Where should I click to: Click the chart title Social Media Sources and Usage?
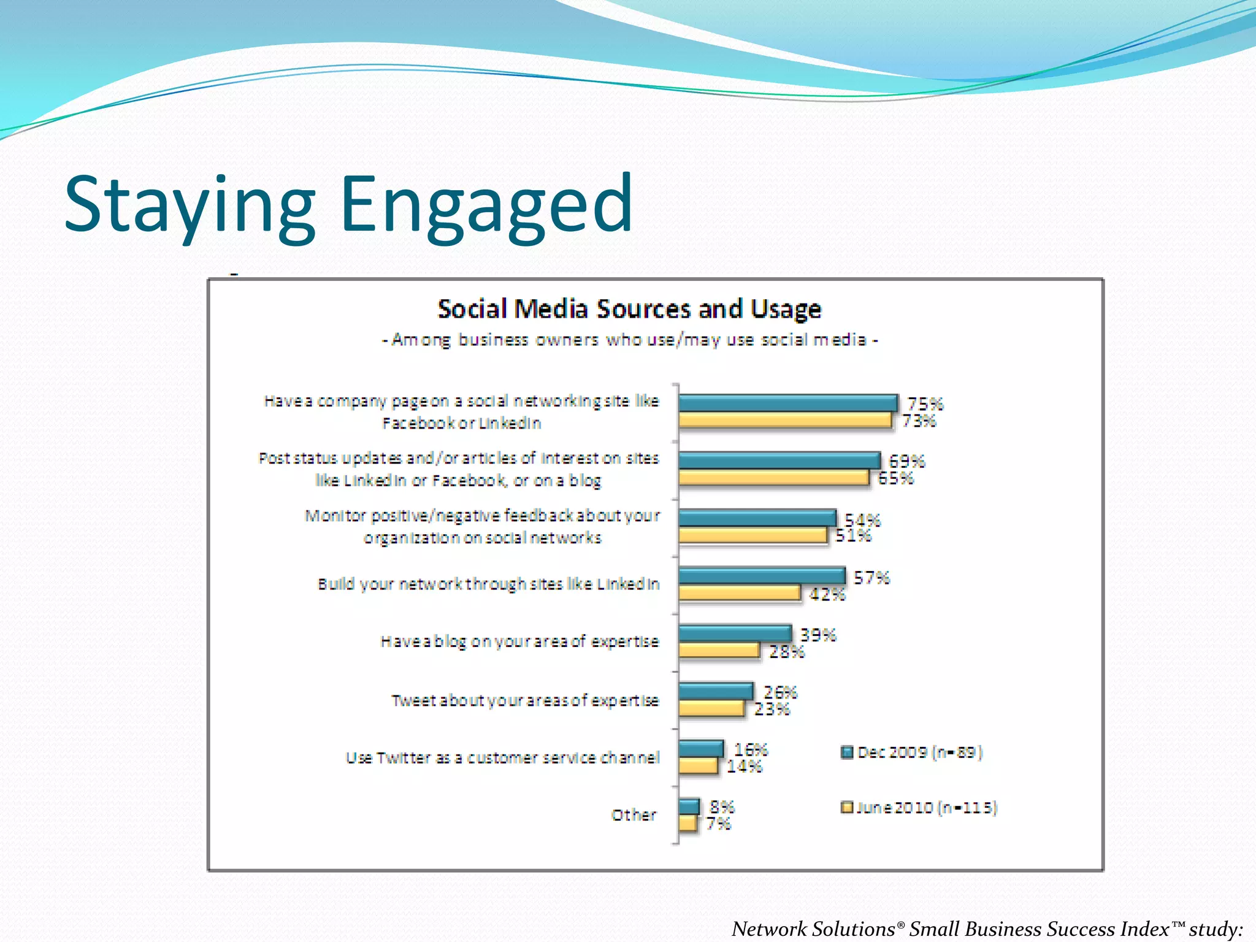point(629,308)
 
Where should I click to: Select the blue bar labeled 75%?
point(787,403)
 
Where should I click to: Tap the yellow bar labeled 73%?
point(784,420)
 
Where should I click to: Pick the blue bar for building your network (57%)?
point(762,576)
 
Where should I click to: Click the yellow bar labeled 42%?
point(739,593)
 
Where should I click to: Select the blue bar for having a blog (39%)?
point(735,633)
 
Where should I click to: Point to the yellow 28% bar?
point(719,650)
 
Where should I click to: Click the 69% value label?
point(906,461)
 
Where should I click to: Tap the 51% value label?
point(852,536)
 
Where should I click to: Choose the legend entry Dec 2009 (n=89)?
point(913,752)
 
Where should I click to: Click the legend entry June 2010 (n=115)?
point(919,808)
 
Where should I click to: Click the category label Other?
point(634,815)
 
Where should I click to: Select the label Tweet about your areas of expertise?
point(525,700)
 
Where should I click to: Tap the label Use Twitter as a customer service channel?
point(503,758)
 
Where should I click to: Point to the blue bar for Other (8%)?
point(689,806)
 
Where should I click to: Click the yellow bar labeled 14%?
point(698,765)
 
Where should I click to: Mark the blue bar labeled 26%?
point(715,691)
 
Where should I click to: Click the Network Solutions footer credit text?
point(986,929)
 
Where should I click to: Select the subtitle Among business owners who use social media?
point(629,340)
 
